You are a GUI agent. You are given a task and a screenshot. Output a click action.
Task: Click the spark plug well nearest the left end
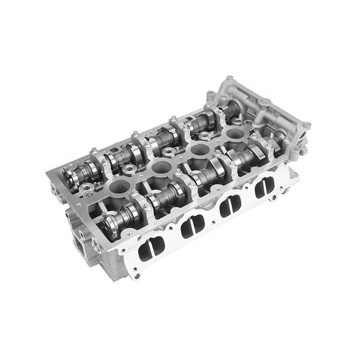117,185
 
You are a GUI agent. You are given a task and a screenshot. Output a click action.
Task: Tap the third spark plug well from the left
197,150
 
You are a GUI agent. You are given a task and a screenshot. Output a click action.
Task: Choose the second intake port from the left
190,228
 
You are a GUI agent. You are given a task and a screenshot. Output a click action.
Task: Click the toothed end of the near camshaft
108,221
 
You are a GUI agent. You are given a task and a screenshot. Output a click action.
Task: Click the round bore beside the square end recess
96,245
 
